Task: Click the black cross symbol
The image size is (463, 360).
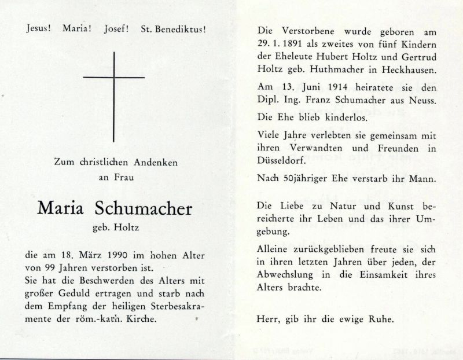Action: tap(114, 77)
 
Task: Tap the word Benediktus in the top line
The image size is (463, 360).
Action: tap(181, 28)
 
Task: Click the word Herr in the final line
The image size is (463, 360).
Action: tap(267, 319)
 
